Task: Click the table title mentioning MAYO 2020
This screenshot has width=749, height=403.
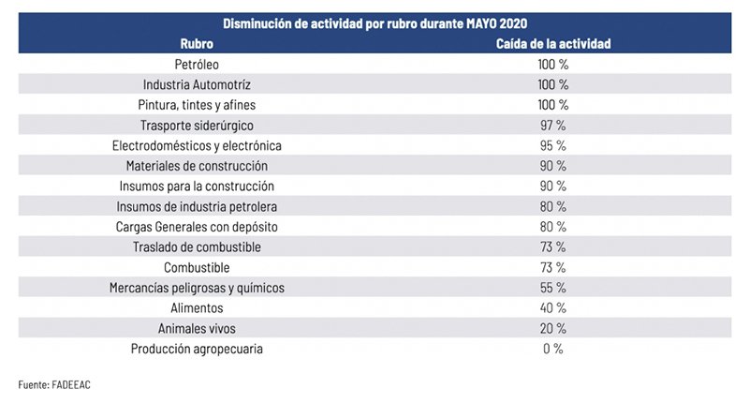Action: (x=374, y=23)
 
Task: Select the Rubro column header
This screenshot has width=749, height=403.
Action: (x=197, y=43)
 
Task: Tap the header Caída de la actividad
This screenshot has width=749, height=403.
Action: (x=553, y=43)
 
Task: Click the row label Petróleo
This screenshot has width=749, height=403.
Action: (x=197, y=65)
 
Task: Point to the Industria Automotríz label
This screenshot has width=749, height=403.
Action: (x=197, y=84)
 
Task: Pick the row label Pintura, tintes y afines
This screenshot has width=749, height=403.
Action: (x=197, y=105)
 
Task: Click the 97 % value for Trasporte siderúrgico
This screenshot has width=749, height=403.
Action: (x=553, y=126)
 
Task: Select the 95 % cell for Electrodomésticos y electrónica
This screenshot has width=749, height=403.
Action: (x=553, y=146)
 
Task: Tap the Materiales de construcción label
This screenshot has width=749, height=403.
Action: (x=197, y=166)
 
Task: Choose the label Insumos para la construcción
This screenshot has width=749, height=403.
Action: (x=197, y=187)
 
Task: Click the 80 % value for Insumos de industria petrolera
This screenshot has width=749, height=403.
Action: (x=553, y=206)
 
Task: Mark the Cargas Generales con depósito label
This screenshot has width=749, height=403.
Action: (x=197, y=227)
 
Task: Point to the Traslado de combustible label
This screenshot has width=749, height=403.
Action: (x=197, y=247)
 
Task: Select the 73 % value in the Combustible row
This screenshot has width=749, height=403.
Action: (x=553, y=267)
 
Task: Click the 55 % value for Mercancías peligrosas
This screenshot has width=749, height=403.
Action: (x=553, y=288)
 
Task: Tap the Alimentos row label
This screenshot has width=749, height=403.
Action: (x=197, y=308)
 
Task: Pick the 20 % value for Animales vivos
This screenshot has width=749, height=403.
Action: (x=553, y=328)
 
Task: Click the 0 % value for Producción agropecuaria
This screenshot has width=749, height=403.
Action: (x=553, y=349)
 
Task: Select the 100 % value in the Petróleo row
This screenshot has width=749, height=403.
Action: (x=553, y=65)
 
